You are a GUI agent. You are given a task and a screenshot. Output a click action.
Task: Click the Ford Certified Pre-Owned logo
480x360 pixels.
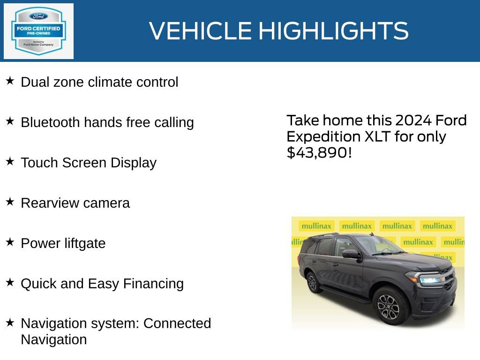pos(38,31)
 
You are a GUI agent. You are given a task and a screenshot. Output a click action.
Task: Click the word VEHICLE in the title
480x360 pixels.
pos(200,31)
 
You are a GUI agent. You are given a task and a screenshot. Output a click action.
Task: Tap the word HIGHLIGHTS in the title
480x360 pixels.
pos(333,31)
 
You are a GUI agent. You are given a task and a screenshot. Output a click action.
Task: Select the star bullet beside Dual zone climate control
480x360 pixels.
pos(10,81)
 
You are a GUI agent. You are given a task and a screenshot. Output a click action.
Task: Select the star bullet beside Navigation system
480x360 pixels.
pos(10,322)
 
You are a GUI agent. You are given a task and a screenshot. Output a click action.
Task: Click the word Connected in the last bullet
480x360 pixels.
pos(177,323)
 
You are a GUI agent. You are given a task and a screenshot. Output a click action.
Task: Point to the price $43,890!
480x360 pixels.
pos(319,152)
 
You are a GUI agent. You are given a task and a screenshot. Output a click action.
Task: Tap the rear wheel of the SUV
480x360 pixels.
pos(312,283)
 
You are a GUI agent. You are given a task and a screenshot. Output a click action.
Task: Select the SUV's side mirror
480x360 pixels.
pos(350,254)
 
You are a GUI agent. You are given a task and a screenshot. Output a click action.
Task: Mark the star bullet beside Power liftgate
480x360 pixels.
pos(10,242)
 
